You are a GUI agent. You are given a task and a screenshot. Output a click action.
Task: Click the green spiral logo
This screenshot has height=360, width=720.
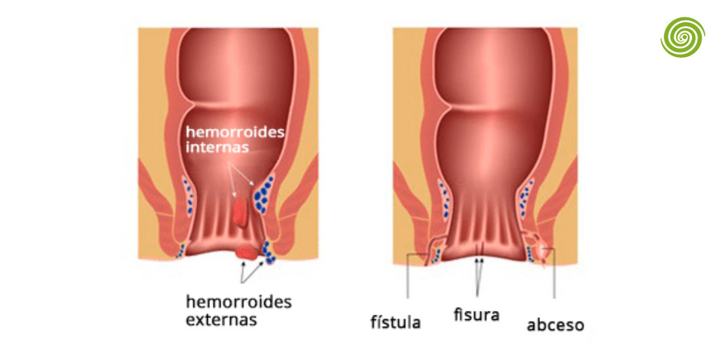point(683,37)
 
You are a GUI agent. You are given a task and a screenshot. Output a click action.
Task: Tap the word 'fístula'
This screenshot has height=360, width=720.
point(395,321)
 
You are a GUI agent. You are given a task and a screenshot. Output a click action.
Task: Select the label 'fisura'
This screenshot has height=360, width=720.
point(476,315)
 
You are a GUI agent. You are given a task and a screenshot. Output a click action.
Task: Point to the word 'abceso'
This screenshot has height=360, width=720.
point(555,325)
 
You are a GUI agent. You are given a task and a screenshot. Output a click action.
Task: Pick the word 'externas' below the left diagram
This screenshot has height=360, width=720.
point(221,319)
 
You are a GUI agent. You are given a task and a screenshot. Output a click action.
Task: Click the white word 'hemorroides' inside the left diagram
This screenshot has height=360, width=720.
point(235,132)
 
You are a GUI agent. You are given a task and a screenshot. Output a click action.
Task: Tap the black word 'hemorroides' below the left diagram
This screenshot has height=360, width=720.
point(239,302)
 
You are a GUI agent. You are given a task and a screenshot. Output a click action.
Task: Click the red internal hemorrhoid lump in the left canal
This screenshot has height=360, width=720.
point(241,212)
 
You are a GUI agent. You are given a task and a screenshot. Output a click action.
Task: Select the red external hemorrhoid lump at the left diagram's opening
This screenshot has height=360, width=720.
point(247,253)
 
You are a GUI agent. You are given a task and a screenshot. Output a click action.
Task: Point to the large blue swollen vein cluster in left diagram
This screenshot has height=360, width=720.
point(264,195)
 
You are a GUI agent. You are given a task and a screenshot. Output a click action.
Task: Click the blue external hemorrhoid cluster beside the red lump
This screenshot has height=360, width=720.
point(268,253)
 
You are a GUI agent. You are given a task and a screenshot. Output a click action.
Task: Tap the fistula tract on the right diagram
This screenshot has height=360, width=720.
point(432,250)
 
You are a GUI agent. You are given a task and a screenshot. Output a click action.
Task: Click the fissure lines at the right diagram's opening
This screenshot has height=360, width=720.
point(479,249)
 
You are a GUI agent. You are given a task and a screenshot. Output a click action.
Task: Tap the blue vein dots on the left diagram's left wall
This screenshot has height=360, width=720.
point(189,198)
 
